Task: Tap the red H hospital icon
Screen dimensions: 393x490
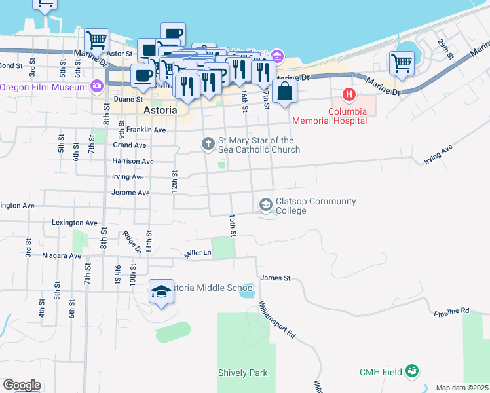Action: [x=349, y=95]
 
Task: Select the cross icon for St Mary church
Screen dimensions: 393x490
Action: [x=208, y=143]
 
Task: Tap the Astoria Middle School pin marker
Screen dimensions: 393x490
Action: [x=161, y=293]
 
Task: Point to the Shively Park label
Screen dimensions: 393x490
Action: [x=243, y=373]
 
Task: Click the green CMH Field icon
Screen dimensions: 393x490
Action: [x=412, y=372]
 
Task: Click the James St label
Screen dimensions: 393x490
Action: [x=275, y=278]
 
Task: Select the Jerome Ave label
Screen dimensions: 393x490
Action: [x=131, y=193]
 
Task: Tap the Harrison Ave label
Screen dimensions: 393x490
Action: [x=133, y=161]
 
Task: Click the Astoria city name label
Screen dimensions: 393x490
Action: [x=159, y=111]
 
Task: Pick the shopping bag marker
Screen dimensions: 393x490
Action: [x=284, y=92]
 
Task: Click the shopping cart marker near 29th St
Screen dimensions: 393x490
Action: [x=402, y=64]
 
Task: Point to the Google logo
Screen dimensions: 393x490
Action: [x=22, y=385]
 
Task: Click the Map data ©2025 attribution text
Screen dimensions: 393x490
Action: [x=462, y=388]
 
